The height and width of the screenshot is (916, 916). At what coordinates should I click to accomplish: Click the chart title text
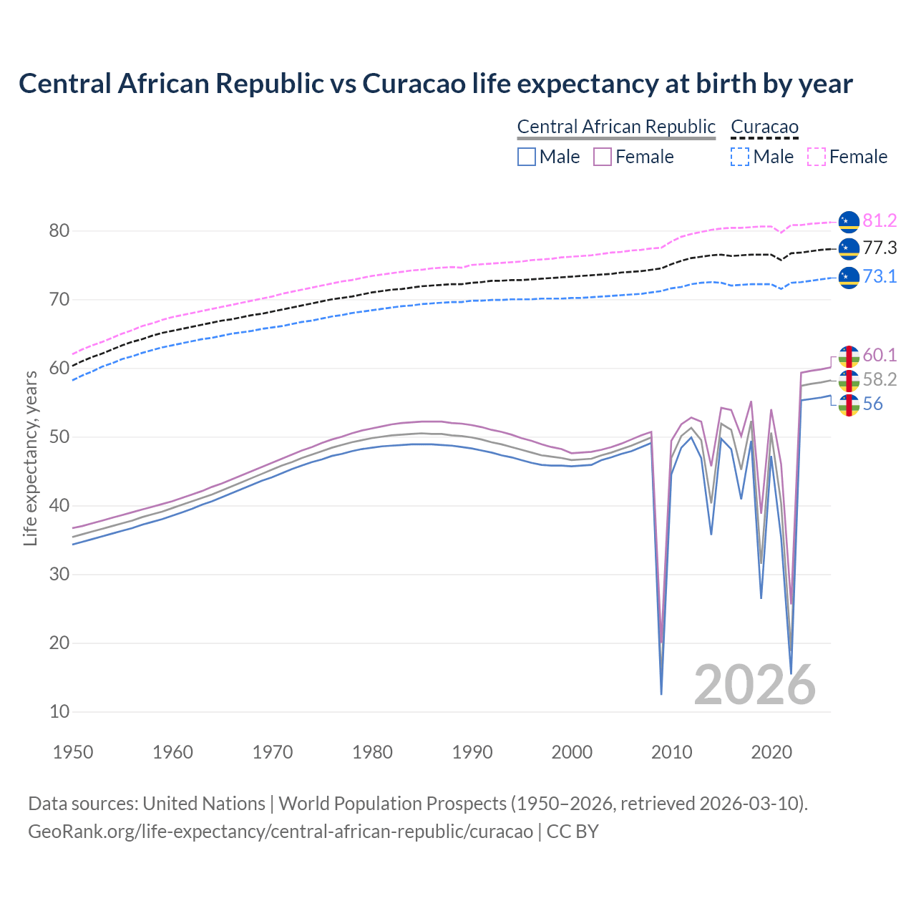tap(435, 84)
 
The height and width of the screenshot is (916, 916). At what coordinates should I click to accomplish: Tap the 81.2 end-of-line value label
tap(880, 221)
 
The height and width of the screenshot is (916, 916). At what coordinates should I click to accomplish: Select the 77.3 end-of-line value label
tap(880, 248)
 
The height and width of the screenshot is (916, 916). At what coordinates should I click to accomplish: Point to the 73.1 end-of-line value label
tap(880, 276)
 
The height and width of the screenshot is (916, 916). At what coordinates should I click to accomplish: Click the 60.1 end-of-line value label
tap(880, 356)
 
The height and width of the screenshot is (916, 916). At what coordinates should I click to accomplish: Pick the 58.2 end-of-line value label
tap(880, 380)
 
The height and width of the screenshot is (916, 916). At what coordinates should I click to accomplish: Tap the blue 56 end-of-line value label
tap(872, 404)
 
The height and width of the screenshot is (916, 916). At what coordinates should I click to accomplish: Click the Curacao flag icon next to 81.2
tap(848, 222)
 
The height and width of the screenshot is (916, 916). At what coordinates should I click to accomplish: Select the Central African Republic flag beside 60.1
tap(848, 356)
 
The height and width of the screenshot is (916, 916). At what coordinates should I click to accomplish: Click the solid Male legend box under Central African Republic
tap(527, 157)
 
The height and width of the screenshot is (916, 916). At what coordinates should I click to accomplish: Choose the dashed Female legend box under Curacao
tap(817, 157)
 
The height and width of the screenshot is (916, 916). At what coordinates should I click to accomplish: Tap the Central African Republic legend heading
tap(616, 127)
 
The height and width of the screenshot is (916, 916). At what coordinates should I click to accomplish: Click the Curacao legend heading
tap(764, 127)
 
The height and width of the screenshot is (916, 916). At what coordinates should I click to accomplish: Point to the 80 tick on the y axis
tap(59, 230)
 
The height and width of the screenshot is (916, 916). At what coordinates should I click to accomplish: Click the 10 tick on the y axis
tap(59, 711)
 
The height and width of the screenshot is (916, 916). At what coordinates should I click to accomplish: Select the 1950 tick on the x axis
tap(73, 752)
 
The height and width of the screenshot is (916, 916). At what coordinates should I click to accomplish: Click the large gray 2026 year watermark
tap(755, 685)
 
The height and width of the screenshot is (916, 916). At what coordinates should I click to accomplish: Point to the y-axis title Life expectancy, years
tap(30, 458)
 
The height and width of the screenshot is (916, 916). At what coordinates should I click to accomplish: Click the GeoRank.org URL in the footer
tap(281, 832)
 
